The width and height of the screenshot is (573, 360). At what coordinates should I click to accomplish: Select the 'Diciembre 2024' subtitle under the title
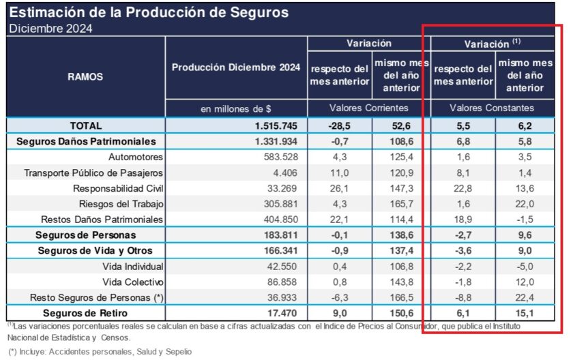click(x=50, y=29)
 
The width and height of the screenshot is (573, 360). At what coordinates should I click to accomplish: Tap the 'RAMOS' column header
click(x=85, y=77)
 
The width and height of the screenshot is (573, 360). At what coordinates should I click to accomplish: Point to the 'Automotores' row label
click(x=132, y=157)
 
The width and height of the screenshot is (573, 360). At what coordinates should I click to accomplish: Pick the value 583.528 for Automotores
click(x=280, y=157)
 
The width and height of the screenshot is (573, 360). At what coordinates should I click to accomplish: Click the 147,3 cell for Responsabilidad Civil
click(x=401, y=188)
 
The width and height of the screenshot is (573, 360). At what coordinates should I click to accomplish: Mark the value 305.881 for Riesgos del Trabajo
click(x=280, y=204)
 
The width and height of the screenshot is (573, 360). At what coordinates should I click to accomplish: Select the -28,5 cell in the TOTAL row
click(x=340, y=125)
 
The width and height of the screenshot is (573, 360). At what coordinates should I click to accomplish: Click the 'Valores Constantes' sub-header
click(x=492, y=108)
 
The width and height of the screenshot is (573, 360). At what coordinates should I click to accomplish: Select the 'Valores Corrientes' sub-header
click(x=369, y=108)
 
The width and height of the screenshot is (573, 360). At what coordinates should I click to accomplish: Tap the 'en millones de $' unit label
click(x=236, y=108)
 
